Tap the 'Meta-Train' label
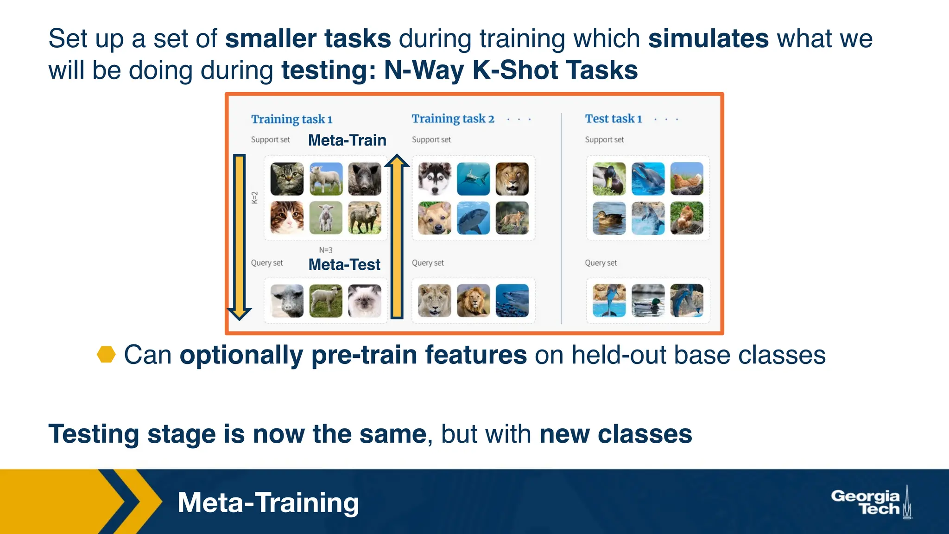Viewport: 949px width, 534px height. (347, 140)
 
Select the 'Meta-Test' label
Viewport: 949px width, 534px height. (344, 264)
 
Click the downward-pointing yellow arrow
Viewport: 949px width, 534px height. (239, 236)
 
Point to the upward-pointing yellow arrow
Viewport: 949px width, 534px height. (397, 236)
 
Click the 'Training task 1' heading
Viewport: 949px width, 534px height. (292, 119)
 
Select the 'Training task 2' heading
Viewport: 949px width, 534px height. (453, 119)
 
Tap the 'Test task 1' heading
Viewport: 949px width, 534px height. (613, 119)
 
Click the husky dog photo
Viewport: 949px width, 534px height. (434, 179)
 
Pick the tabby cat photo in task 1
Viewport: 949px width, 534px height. (287, 179)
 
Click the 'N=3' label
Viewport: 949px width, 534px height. (326, 250)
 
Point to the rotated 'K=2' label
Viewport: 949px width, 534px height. (254, 197)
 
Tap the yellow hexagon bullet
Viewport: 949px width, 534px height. (106, 355)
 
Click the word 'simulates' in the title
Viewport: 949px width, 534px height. (708, 38)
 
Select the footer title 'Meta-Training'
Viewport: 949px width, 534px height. (268, 502)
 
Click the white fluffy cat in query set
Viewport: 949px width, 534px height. (365, 301)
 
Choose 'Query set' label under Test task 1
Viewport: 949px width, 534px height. (601, 263)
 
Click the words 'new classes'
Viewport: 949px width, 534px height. (615, 434)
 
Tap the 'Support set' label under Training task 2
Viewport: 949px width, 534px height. (431, 140)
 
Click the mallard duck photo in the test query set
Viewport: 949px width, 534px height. (648, 301)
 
